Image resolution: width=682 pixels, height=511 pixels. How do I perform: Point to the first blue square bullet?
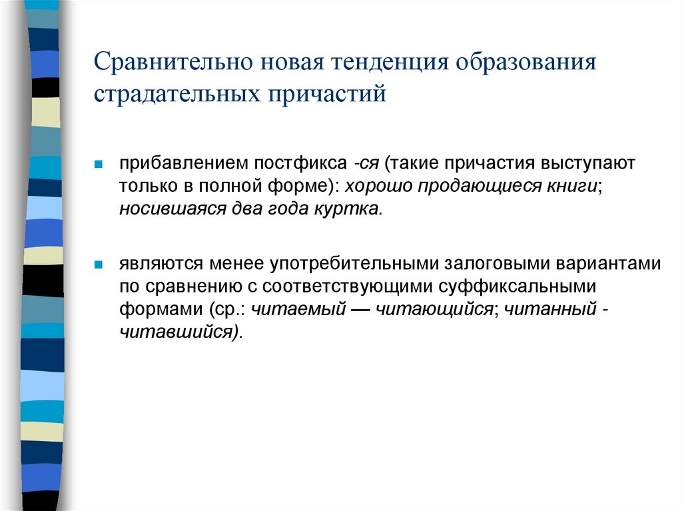(97, 164)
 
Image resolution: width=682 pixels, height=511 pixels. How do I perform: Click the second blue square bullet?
(97, 264)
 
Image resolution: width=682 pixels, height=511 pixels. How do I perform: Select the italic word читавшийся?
(179, 331)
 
